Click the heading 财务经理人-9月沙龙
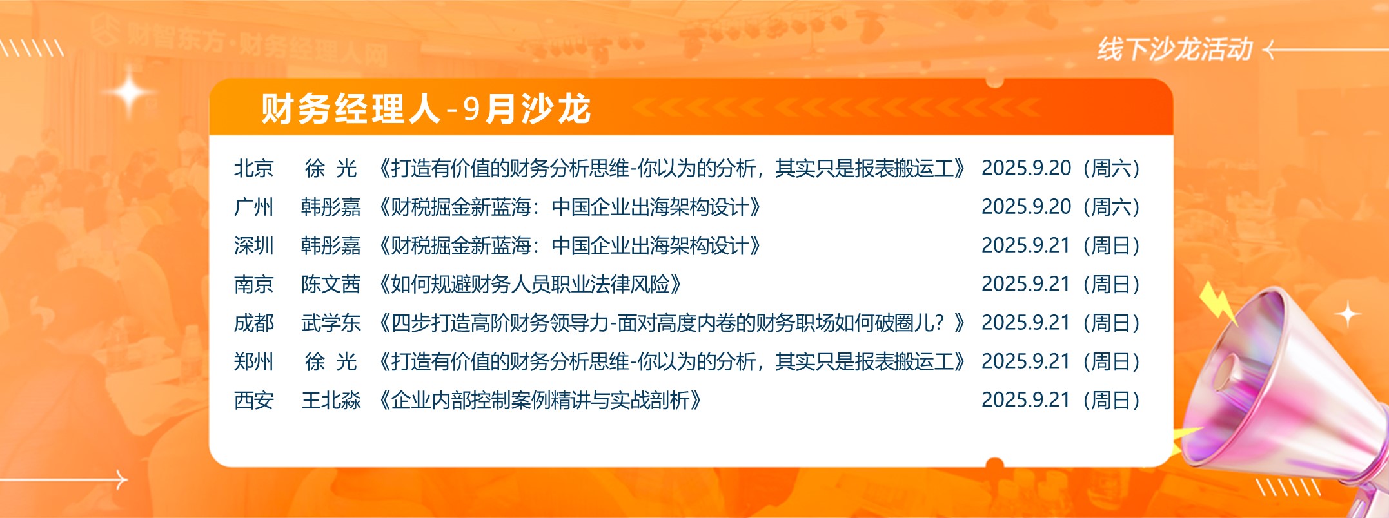pyautogui.click(x=426, y=108)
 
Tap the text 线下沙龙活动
pyautogui.click(x=1175, y=49)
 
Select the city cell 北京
pyautogui.click(x=254, y=168)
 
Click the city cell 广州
pyautogui.click(x=254, y=207)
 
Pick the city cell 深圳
pyautogui.click(x=254, y=245)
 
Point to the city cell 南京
pyautogui.click(x=254, y=284)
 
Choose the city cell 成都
pyautogui.click(x=254, y=323)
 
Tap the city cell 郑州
pyautogui.click(x=254, y=361)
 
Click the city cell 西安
pyautogui.click(x=254, y=400)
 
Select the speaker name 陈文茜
pyautogui.click(x=331, y=284)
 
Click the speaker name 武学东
pyautogui.click(x=331, y=323)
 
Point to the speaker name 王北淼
pyautogui.click(x=331, y=400)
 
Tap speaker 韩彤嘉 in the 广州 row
pyautogui.click(x=331, y=207)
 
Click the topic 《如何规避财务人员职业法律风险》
pyautogui.click(x=530, y=284)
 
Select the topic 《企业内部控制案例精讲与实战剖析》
pyautogui.click(x=540, y=400)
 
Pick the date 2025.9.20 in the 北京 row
pyautogui.click(x=1026, y=168)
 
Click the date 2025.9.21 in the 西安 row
pyautogui.click(x=1026, y=400)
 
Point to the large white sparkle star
pyautogui.click(x=130, y=92)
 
